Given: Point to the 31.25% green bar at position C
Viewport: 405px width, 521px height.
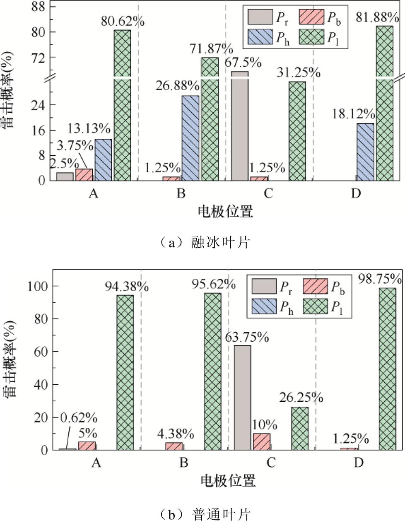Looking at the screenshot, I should pos(297,131).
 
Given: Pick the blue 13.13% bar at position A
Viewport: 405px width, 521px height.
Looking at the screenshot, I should pos(103,159).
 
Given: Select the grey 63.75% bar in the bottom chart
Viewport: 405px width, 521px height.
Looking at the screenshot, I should pos(242,397).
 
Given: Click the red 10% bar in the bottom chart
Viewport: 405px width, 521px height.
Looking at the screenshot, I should pos(261,441).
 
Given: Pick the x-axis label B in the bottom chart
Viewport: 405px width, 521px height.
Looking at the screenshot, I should pos(184,462).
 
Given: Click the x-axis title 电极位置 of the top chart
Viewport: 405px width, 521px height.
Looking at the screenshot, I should pos(225,212).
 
